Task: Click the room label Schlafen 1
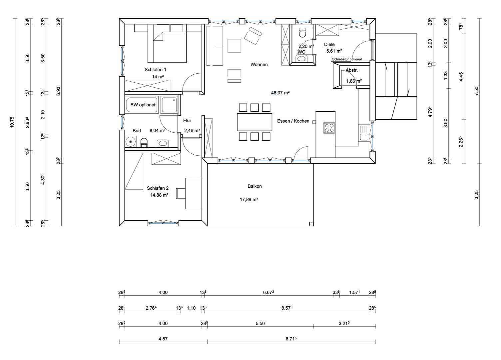pyautogui.click(x=155, y=70)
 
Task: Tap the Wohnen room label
pyautogui.click(x=259, y=64)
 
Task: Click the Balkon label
pyautogui.click(x=254, y=186)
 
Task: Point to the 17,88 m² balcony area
pyautogui.click(x=249, y=200)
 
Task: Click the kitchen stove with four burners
pyautogui.click(x=329, y=128)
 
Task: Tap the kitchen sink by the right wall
pyautogui.click(x=364, y=137)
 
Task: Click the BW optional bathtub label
pyautogui.click(x=143, y=105)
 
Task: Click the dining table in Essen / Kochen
pyautogui.click(x=254, y=122)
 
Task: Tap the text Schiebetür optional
pyautogui.click(x=347, y=59)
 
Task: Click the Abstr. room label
pyautogui.click(x=351, y=70)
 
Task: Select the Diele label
pyautogui.click(x=329, y=44)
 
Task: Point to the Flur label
pyautogui.click(x=187, y=121)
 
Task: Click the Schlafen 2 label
pyautogui.click(x=158, y=188)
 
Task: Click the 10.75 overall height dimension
pyautogui.click(x=12, y=122)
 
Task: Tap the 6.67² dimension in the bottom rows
pyautogui.click(x=268, y=293)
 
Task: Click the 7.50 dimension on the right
pyautogui.click(x=476, y=91)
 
